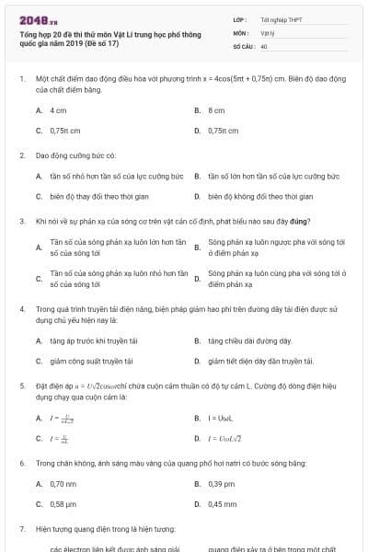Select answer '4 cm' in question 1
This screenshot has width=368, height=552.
[58, 109]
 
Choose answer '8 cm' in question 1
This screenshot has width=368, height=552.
[216, 109]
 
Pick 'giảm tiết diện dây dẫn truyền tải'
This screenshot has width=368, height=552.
[261, 362]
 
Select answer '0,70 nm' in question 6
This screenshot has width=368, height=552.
[63, 484]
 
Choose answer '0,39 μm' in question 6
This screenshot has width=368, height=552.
[222, 484]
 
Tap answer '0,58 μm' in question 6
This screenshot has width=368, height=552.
[63, 504]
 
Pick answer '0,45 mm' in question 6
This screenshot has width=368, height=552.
[223, 504]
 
